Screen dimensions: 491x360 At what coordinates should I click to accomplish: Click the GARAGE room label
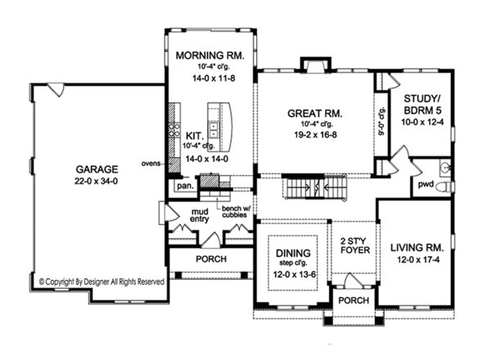click(x=97, y=169)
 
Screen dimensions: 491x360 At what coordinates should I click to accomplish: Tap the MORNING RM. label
click(x=209, y=56)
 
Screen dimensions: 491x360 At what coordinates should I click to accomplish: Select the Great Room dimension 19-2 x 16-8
click(x=315, y=135)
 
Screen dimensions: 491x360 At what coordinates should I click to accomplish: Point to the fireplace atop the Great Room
click(x=316, y=65)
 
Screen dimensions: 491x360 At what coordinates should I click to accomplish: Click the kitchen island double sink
click(x=214, y=130)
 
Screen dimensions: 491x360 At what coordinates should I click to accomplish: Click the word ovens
click(x=151, y=164)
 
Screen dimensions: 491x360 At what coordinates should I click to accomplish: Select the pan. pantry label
click(x=185, y=186)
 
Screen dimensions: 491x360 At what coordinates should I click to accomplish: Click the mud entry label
click(x=200, y=215)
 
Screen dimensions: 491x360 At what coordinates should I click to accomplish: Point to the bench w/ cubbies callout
click(x=236, y=212)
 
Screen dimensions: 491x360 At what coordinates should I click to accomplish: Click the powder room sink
click(x=445, y=169)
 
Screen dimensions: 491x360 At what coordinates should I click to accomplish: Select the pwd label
click(x=426, y=185)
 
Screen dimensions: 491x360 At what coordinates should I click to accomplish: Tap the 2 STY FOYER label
click(x=355, y=245)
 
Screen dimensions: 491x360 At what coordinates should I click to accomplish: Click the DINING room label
click(x=293, y=253)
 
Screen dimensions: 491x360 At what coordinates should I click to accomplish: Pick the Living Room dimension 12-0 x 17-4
click(x=418, y=260)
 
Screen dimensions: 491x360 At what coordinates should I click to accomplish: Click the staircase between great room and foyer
click(x=316, y=187)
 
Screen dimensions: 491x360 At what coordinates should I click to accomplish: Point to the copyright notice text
click(x=101, y=281)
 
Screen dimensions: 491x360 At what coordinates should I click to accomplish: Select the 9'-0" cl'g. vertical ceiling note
click(x=381, y=121)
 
